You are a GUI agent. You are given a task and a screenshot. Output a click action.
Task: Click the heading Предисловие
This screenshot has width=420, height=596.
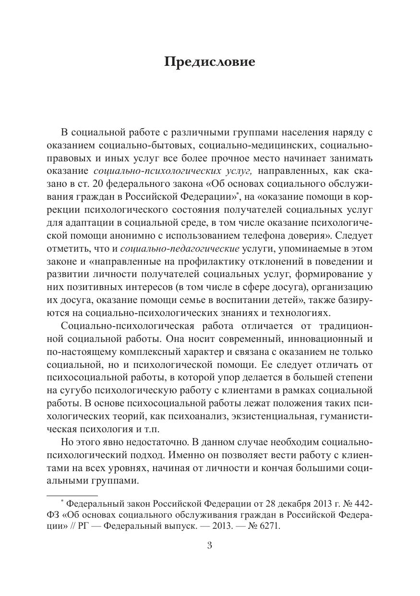tap(210, 62)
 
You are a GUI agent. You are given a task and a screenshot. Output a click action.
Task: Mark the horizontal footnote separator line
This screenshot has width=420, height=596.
tap(72, 495)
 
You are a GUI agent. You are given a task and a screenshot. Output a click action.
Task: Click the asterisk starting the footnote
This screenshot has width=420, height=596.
tap(62, 502)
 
